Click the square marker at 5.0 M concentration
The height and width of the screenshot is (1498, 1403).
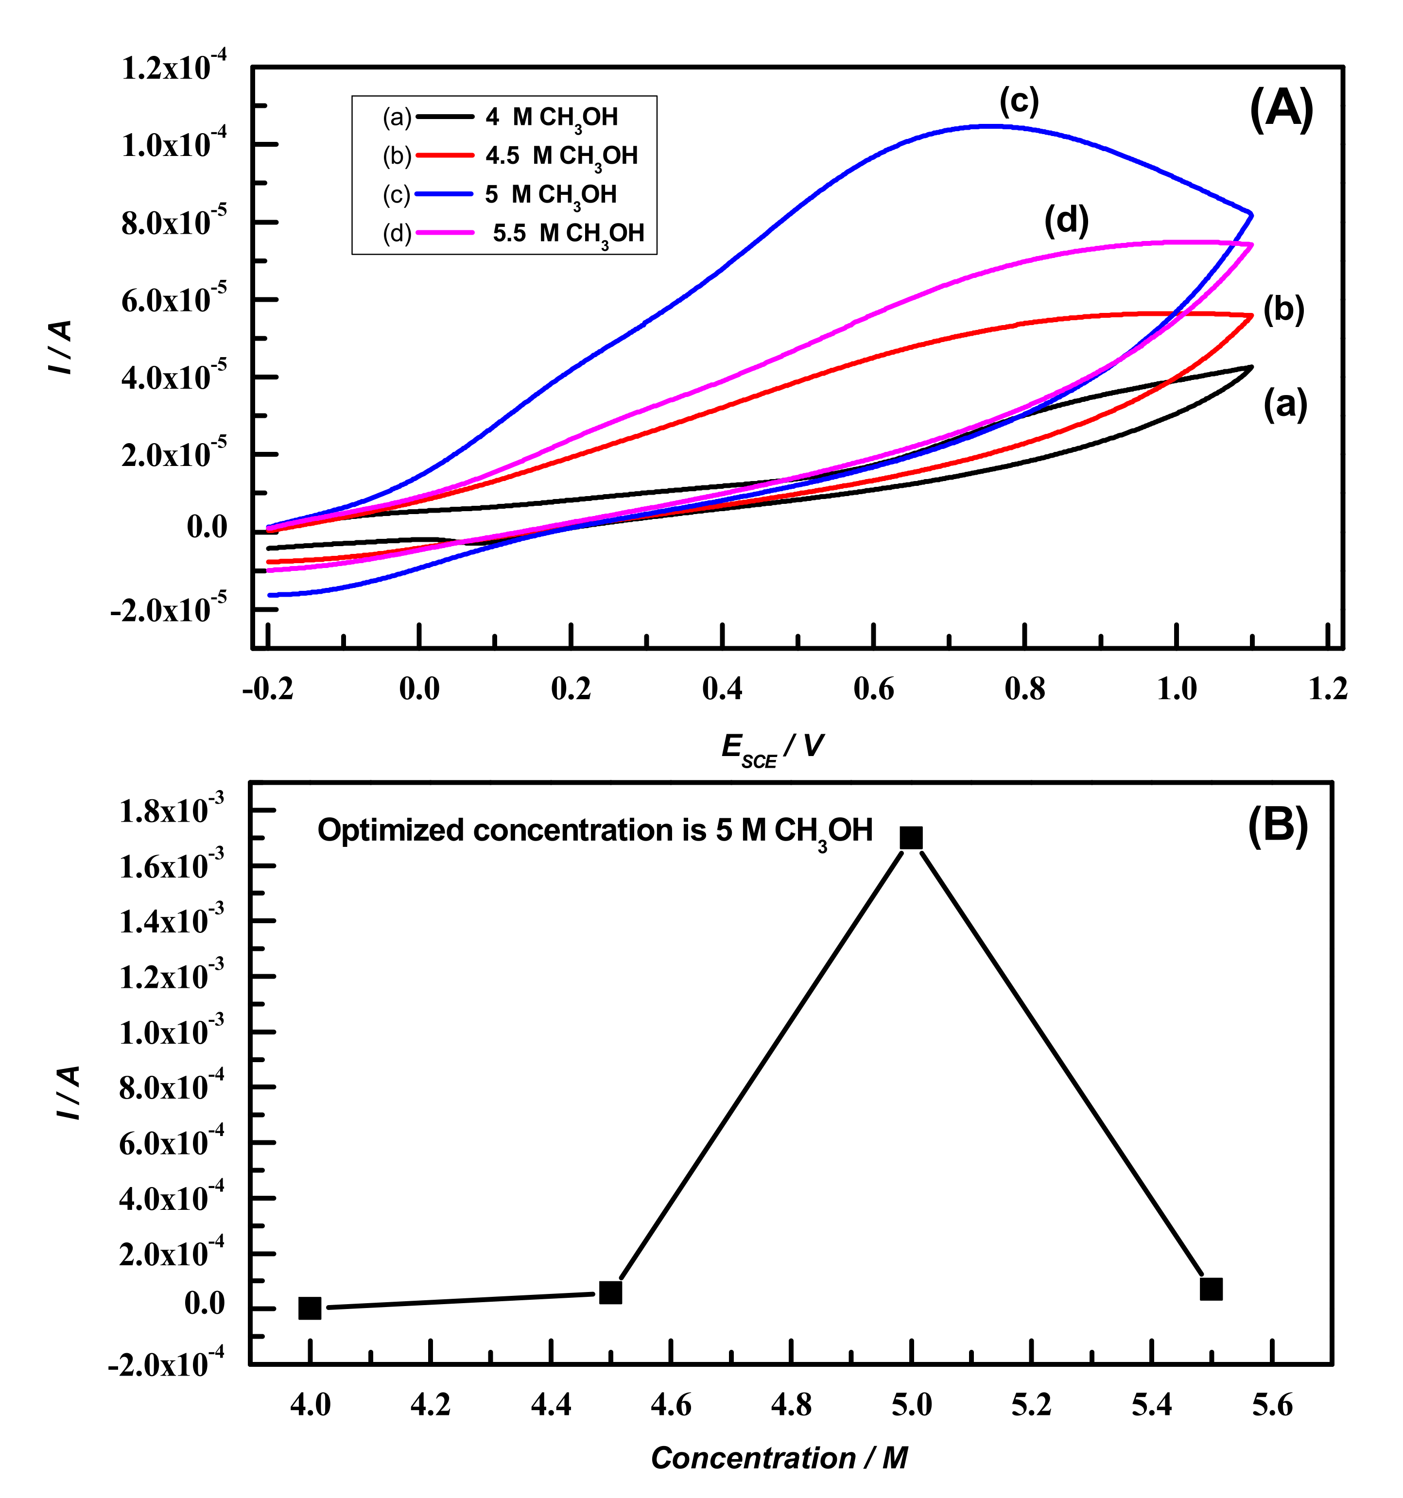[911, 838]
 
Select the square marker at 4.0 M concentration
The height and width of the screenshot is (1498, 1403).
[310, 1308]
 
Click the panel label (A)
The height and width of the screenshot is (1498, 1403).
[1281, 109]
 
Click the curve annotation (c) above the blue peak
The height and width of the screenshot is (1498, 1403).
[1019, 100]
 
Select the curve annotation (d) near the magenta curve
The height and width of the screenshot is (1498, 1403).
[1066, 220]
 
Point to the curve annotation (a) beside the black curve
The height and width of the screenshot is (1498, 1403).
[1285, 405]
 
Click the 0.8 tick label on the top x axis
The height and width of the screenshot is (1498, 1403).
[1025, 689]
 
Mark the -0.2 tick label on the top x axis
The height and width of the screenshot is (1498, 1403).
[267, 689]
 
